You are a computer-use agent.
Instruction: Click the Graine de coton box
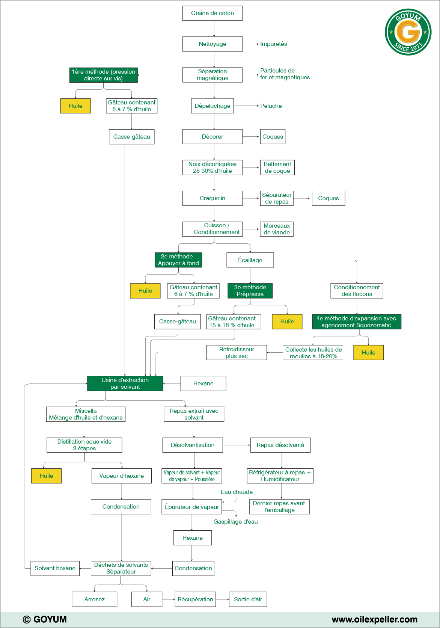click(x=212, y=13)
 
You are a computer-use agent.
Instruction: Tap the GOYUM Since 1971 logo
click(x=408, y=32)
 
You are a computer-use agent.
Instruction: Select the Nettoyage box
click(x=212, y=44)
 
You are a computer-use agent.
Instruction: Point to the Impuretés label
click(x=273, y=44)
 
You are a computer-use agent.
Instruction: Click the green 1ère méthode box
click(x=104, y=75)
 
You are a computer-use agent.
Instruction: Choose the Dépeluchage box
click(x=212, y=106)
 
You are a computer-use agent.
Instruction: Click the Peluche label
click(x=271, y=106)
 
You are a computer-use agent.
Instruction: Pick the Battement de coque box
click(x=277, y=168)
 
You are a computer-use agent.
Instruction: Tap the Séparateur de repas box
click(x=277, y=198)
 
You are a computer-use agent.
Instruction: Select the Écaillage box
click(x=250, y=260)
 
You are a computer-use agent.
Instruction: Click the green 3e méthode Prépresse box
click(x=250, y=291)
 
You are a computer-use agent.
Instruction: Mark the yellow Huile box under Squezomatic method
click(x=368, y=353)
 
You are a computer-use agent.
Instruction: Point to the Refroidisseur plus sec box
click(x=237, y=353)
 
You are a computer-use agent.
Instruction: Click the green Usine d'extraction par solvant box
click(x=125, y=383)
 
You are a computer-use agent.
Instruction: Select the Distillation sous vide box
click(x=84, y=445)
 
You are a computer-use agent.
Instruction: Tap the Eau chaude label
click(x=237, y=492)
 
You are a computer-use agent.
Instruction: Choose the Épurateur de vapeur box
click(x=192, y=507)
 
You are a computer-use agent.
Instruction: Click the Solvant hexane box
click(x=55, y=568)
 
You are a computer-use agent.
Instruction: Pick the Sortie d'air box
click(x=248, y=599)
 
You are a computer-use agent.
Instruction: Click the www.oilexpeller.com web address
click(x=374, y=619)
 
